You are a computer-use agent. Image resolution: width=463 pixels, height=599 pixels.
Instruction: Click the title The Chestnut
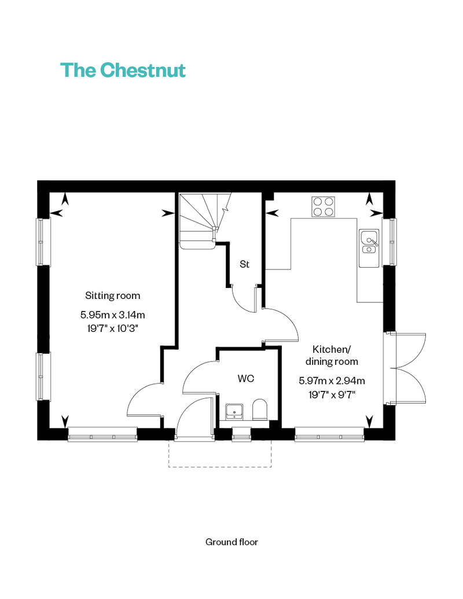pyautogui.click(x=123, y=71)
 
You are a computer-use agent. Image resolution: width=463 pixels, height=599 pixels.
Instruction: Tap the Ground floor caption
pyautogui.click(x=231, y=542)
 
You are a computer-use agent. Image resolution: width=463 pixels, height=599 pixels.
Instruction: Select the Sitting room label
pyautogui.click(x=112, y=295)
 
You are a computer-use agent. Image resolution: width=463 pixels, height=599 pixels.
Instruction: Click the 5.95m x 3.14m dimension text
pyautogui.click(x=112, y=315)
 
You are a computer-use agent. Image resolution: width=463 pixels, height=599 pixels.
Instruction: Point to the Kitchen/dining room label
pyautogui.click(x=335, y=355)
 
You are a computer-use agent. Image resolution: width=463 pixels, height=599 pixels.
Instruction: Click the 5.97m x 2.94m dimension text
pyautogui.click(x=332, y=380)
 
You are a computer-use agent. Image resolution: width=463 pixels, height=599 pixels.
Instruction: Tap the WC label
pyautogui.click(x=246, y=379)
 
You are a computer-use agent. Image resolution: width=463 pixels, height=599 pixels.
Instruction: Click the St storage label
pyautogui.click(x=244, y=264)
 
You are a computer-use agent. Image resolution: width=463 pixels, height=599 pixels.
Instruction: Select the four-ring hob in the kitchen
pyautogui.click(x=323, y=206)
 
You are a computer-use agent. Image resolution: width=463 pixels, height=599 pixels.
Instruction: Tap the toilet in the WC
pyautogui.click(x=260, y=410)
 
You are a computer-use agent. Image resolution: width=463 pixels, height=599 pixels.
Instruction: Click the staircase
pyautogui.click(x=203, y=220)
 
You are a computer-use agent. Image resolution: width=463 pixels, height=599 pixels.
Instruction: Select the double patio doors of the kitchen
pyautogui.click(x=407, y=368)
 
